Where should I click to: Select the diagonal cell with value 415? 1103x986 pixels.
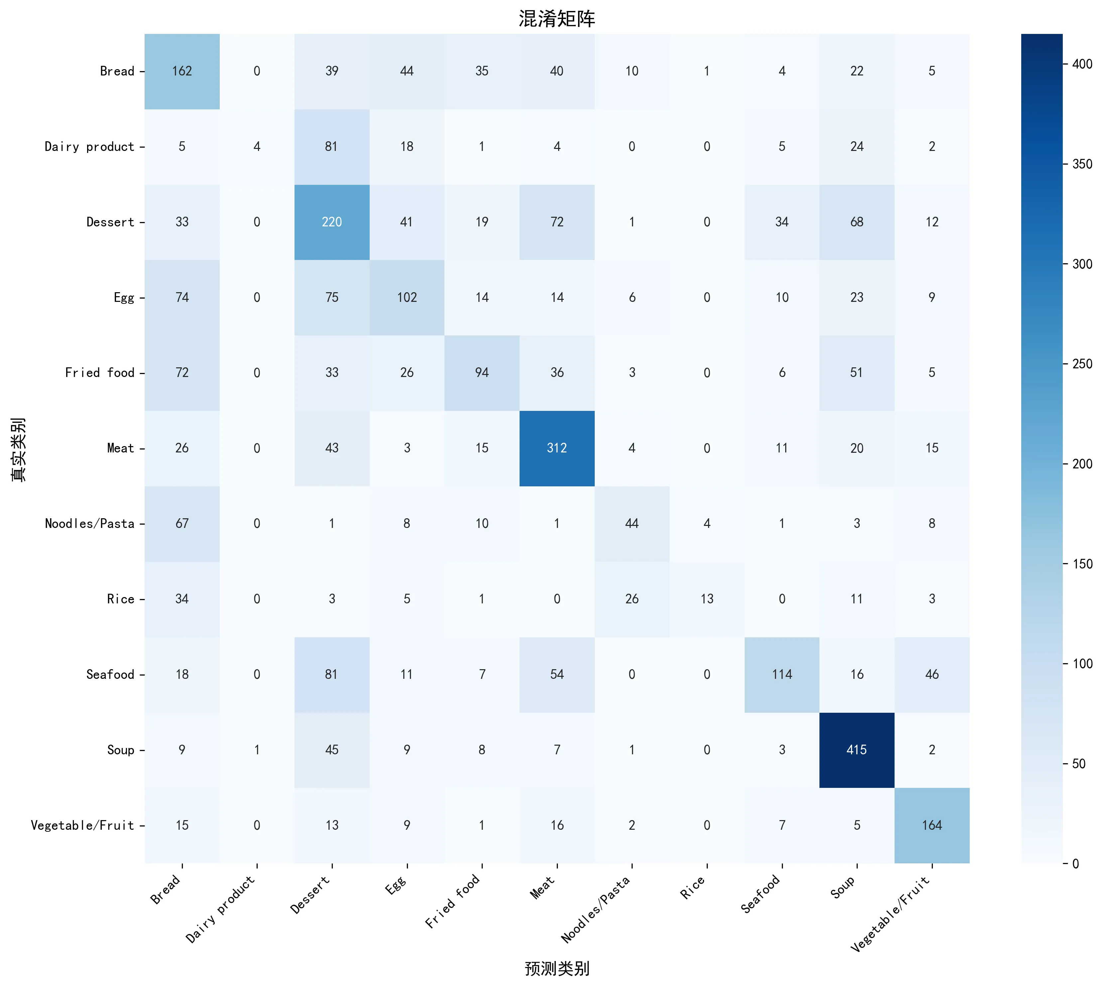click(x=857, y=750)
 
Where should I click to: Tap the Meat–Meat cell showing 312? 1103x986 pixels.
click(x=556, y=448)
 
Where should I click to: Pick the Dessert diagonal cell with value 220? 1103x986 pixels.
click(x=331, y=222)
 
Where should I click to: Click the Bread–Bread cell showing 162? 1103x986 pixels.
click(x=182, y=71)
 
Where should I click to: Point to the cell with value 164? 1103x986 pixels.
click(x=932, y=825)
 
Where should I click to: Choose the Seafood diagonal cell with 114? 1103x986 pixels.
click(x=782, y=675)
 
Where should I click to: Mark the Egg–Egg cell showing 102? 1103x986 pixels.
click(x=407, y=298)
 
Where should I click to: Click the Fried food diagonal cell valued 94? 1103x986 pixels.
click(x=482, y=373)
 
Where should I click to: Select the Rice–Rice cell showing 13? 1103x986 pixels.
click(x=707, y=599)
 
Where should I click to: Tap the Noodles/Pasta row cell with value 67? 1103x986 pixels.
click(x=182, y=523)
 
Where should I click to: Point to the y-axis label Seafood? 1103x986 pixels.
click(x=110, y=675)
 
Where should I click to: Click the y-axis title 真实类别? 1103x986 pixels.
click(x=18, y=450)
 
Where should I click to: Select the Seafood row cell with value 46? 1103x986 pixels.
click(x=932, y=675)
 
